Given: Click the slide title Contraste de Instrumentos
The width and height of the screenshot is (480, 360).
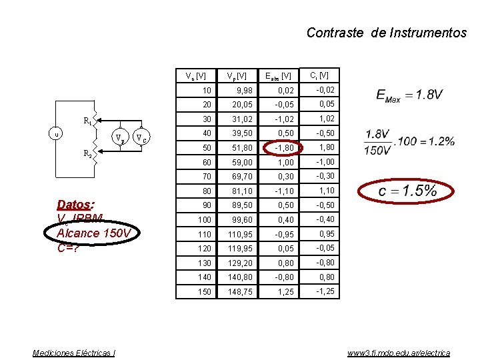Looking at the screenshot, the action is click(x=386, y=33).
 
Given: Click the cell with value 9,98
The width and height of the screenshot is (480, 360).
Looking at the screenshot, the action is click(x=239, y=90).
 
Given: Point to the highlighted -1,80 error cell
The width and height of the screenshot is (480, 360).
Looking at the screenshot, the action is click(x=283, y=147).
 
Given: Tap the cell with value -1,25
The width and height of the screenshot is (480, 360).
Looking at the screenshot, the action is click(x=325, y=292).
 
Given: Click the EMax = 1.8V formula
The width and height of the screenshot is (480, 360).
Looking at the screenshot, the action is click(x=410, y=95).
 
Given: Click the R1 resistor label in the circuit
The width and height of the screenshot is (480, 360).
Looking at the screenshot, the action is click(x=87, y=121).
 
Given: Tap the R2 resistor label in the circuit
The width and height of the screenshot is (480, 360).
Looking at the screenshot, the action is click(x=87, y=153).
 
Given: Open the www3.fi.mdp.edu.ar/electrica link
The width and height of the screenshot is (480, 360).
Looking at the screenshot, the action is click(x=398, y=353).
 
